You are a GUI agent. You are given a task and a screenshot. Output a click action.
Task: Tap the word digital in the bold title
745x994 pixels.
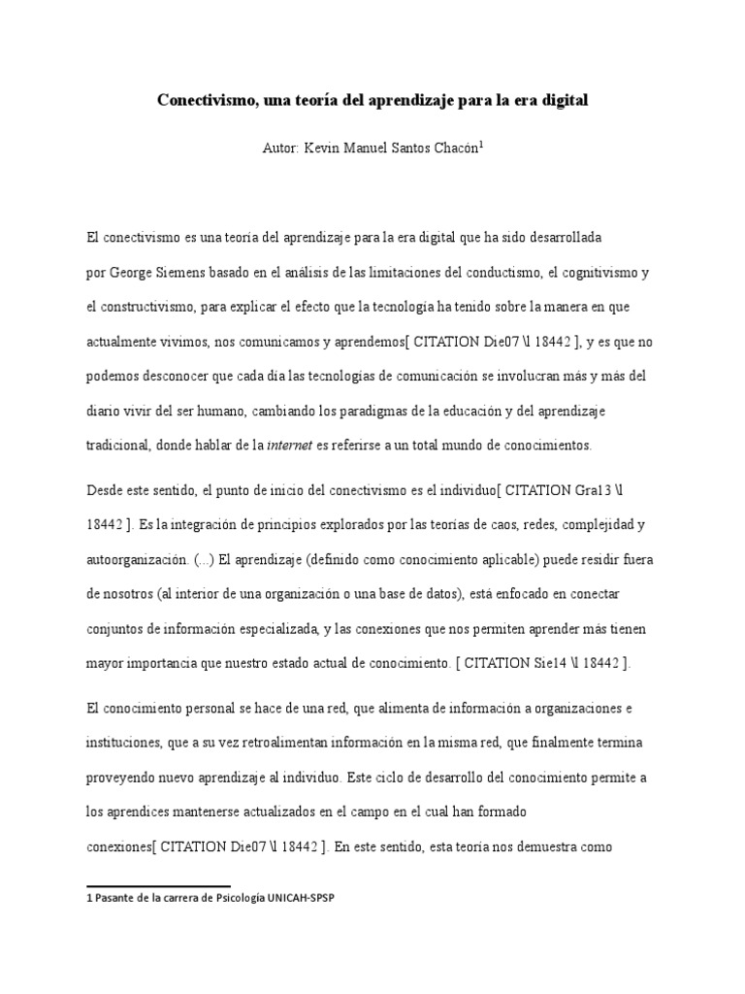coord(564,100)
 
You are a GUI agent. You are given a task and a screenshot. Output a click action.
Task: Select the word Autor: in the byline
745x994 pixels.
coord(281,149)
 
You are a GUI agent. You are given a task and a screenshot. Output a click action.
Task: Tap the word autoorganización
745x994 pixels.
coord(140,560)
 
